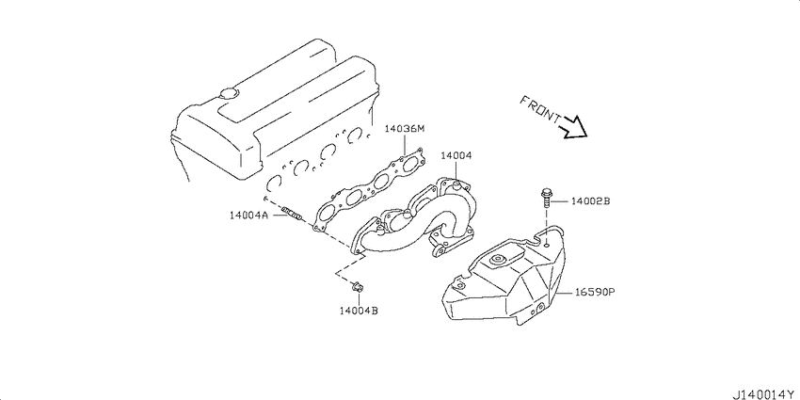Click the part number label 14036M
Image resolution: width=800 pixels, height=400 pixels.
pyautogui.click(x=404, y=129)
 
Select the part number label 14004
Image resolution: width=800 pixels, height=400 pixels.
pyautogui.click(x=456, y=155)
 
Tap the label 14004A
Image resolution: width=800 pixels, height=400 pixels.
pyautogui.click(x=248, y=216)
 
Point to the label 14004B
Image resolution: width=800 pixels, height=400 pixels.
pyautogui.click(x=359, y=310)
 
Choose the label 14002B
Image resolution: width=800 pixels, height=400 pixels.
pyautogui.click(x=590, y=201)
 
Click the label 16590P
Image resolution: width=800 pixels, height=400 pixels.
pyautogui.click(x=596, y=293)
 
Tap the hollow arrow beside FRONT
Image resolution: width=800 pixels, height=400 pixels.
pyautogui.click(x=573, y=128)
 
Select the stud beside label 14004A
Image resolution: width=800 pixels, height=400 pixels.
pyautogui.click(x=292, y=214)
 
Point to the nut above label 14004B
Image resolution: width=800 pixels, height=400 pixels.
pyautogui.click(x=357, y=288)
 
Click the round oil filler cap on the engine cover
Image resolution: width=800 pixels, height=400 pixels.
pyautogui.click(x=228, y=93)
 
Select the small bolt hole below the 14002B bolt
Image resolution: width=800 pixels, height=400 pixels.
pyautogui.click(x=547, y=245)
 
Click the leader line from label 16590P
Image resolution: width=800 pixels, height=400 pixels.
pyautogui.click(x=566, y=294)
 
